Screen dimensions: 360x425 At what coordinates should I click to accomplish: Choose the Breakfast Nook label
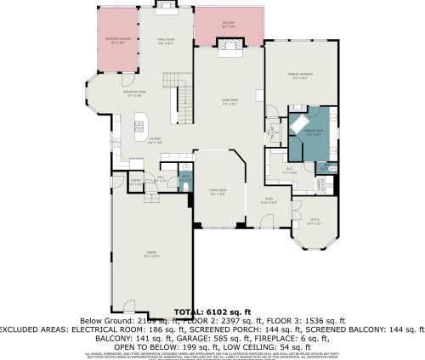(114, 95)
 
